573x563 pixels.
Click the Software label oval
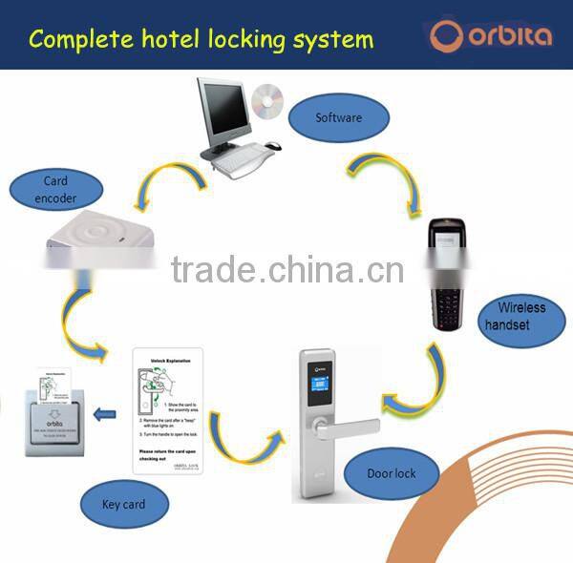point(339,119)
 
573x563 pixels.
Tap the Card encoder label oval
point(55,190)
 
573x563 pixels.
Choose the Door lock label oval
point(392,473)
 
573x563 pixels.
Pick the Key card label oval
point(124,503)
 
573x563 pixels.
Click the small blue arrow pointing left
point(106,415)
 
